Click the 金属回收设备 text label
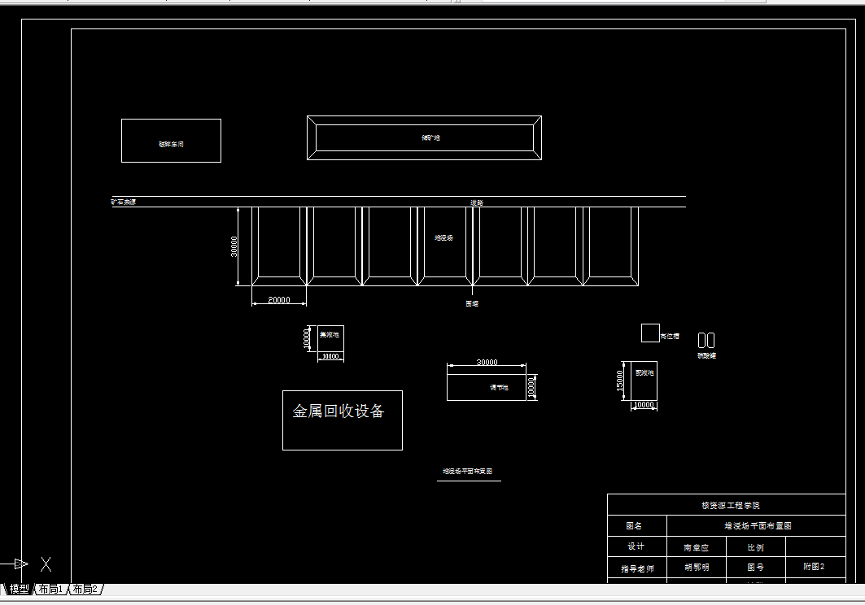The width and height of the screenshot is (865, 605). tap(339, 411)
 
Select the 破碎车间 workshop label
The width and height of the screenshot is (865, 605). tap(171, 144)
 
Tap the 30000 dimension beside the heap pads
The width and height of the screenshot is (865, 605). tap(234, 246)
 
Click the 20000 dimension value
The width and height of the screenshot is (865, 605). tap(279, 300)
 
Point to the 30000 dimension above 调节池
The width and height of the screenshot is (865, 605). tap(487, 363)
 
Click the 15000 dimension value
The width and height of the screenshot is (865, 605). tap(620, 381)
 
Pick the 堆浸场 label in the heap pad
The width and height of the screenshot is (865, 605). tap(443, 238)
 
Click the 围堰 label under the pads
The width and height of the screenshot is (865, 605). tap(472, 303)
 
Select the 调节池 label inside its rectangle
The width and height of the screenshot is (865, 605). tap(499, 388)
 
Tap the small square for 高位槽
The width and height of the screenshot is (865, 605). tap(650, 333)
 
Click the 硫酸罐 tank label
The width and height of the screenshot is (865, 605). tap(706, 355)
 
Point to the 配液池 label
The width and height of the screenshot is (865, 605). tap(644, 372)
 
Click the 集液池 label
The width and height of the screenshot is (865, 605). tap(329, 334)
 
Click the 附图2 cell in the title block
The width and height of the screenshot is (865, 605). tap(814, 567)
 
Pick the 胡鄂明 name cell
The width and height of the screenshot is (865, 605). tap(696, 568)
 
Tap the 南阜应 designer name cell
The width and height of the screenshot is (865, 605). tap(696, 547)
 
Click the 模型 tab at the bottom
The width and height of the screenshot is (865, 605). tap(19, 590)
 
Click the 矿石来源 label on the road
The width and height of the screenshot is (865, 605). tap(124, 202)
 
